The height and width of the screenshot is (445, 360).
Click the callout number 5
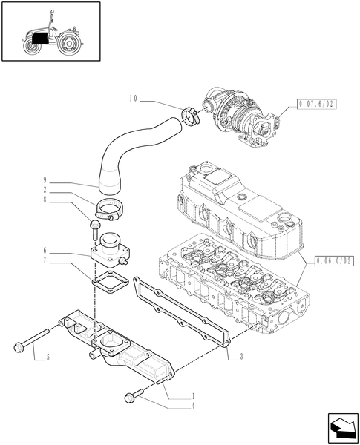pyautogui.click(x=47, y=358)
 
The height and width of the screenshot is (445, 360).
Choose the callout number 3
pyautogui.click(x=241, y=357)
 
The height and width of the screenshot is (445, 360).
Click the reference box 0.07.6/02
pyautogui.click(x=316, y=105)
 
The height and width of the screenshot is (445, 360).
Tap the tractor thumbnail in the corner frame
pyautogui.click(x=51, y=33)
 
